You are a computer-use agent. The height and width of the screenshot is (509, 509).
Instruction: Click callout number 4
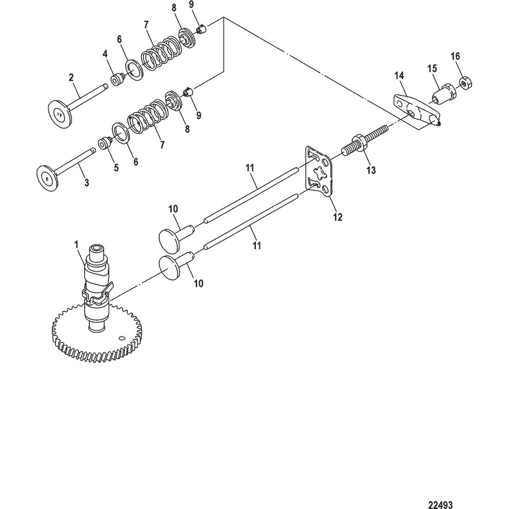point(105,55)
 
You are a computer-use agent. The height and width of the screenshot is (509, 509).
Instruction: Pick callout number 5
point(116,168)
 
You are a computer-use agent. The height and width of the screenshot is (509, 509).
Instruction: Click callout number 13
point(371,170)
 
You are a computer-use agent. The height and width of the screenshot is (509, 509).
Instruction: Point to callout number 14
point(399,75)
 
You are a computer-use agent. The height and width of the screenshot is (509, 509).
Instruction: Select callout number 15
point(432,69)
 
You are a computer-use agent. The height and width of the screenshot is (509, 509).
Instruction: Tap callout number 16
point(455,56)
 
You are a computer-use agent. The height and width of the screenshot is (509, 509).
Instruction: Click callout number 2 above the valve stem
point(71,77)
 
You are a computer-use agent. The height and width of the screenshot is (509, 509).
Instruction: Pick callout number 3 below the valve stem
point(87,183)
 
